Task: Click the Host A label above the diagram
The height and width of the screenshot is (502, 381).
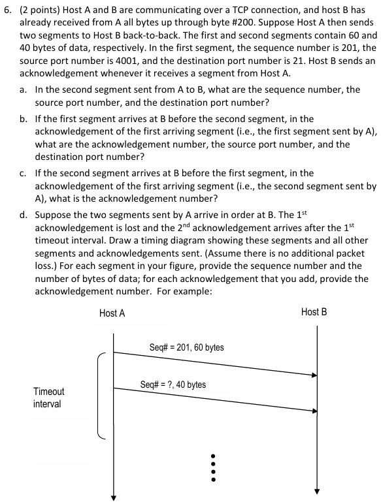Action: coord(112,313)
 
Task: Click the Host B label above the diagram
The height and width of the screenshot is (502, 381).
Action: coord(314,312)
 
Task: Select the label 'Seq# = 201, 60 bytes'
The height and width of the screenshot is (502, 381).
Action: coord(186,347)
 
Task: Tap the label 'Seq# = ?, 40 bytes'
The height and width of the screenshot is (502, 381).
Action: coord(173,384)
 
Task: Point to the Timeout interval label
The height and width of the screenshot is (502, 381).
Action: coord(49,398)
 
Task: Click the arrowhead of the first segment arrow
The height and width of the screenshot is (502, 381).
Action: coord(314,375)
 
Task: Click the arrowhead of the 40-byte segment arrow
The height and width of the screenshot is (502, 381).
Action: coord(314,411)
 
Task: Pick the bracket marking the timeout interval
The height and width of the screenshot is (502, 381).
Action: coord(99,396)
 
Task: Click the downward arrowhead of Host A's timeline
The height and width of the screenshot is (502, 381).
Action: coord(114,492)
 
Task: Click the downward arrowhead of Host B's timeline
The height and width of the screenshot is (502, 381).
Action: coord(318,491)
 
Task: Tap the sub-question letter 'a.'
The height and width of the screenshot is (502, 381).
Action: coord(23,89)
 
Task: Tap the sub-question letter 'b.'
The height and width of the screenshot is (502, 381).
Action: coord(23,119)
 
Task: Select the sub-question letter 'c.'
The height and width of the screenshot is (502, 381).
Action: coord(23,173)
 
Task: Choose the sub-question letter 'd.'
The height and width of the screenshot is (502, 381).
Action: coord(23,214)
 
